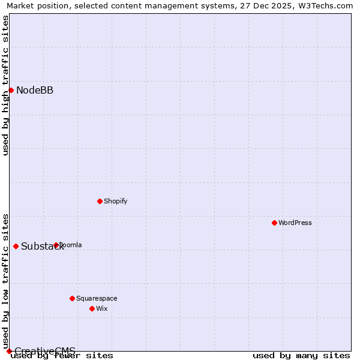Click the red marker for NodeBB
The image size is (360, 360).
(x=11, y=90)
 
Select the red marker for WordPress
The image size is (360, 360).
(x=274, y=223)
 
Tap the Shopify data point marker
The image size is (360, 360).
(x=100, y=201)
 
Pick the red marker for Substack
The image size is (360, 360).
(x=16, y=246)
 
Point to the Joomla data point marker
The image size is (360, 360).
(x=56, y=245)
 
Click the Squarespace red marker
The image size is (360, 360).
(x=72, y=298)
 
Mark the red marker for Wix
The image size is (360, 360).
(x=92, y=308)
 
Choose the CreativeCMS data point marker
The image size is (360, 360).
(x=9, y=351)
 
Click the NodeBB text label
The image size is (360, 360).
(x=35, y=91)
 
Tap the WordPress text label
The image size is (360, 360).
(x=295, y=223)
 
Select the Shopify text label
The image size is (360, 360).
(x=116, y=201)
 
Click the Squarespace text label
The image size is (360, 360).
(x=97, y=298)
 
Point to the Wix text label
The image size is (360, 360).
(x=102, y=308)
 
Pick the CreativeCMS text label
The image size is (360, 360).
(x=45, y=351)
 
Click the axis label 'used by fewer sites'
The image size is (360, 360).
(x=62, y=356)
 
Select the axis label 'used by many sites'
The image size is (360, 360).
(x=301, y=356)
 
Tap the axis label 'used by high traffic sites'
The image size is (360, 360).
(x=5, y=85)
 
